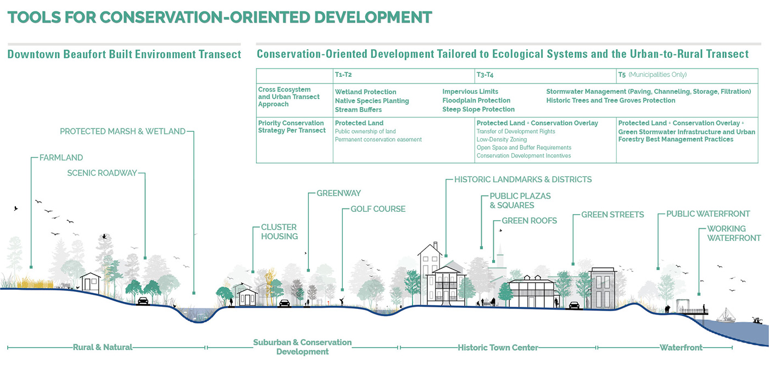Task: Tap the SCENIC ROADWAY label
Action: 102,173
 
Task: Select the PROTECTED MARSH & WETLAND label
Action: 122,132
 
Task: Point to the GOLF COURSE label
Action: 378,209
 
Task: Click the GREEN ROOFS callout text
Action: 530,221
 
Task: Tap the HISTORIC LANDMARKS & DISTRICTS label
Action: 523,179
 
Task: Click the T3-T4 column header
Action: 487,75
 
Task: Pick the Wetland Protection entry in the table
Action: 365,92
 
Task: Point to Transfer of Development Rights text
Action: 516,131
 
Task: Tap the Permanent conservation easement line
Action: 378,139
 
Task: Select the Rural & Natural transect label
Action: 103,347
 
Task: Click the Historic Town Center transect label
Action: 498,347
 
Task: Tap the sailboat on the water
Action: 726,315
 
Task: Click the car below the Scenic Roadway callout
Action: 143,301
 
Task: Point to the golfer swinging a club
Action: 341,301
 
